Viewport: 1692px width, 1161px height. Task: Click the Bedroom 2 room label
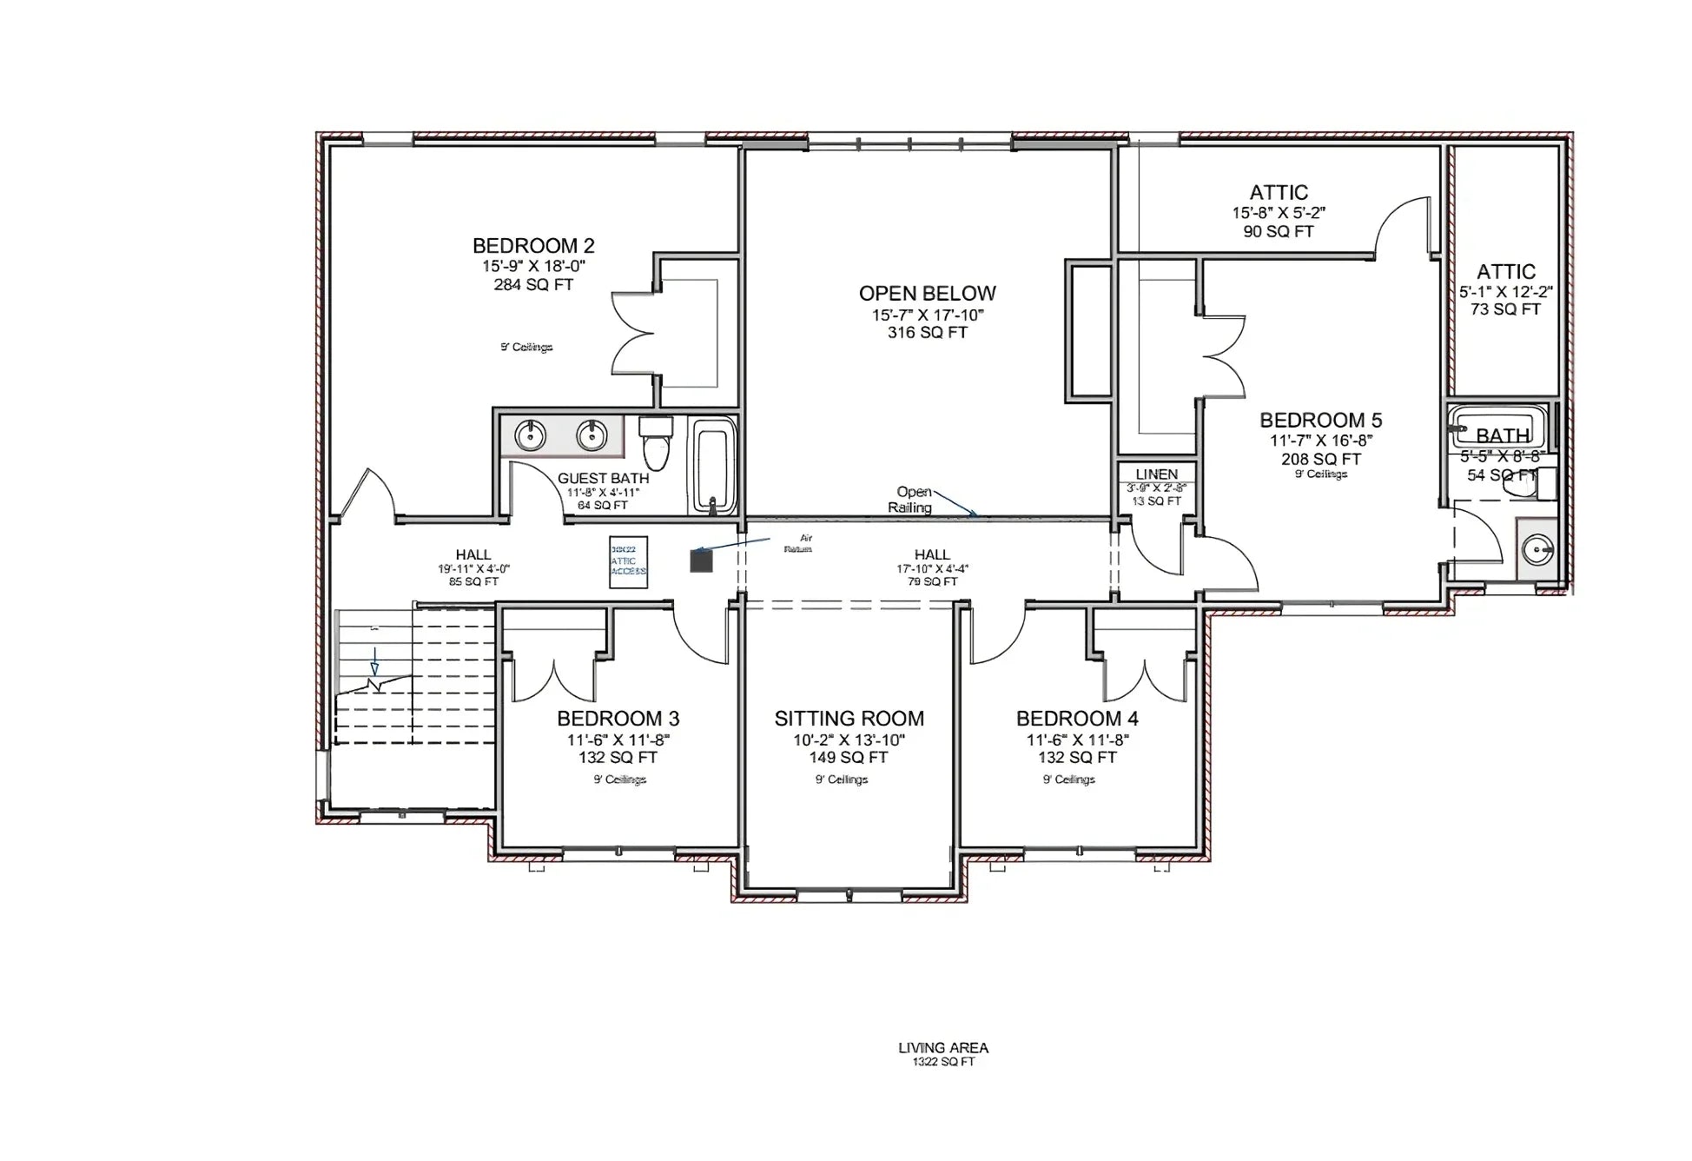(x=533, y=246)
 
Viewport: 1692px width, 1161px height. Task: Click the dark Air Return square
(x=701, y=561)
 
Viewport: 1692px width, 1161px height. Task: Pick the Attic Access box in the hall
(x=628, y=561)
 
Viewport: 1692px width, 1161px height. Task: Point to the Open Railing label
(x=910, y=500)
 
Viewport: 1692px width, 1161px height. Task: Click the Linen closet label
(x=1156, y=474)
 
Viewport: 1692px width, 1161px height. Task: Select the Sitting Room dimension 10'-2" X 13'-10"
(x=849, y=740)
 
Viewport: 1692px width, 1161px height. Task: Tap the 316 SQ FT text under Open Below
(x=927, y=333)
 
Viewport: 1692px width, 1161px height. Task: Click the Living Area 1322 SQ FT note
(x=943, y=1054)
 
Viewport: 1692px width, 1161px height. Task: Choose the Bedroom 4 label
(x=1077, y=719)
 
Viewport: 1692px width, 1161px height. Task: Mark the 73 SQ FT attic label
(x=1505, y=309)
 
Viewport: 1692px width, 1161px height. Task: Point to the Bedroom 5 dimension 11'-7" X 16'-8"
(x=1320, y=441)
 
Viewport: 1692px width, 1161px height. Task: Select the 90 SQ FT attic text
(x=1278, y=231)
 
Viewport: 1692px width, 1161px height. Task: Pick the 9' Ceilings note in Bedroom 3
(x=619, y=780)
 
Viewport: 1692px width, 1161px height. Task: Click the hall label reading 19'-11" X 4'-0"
(x=473, y=569)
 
